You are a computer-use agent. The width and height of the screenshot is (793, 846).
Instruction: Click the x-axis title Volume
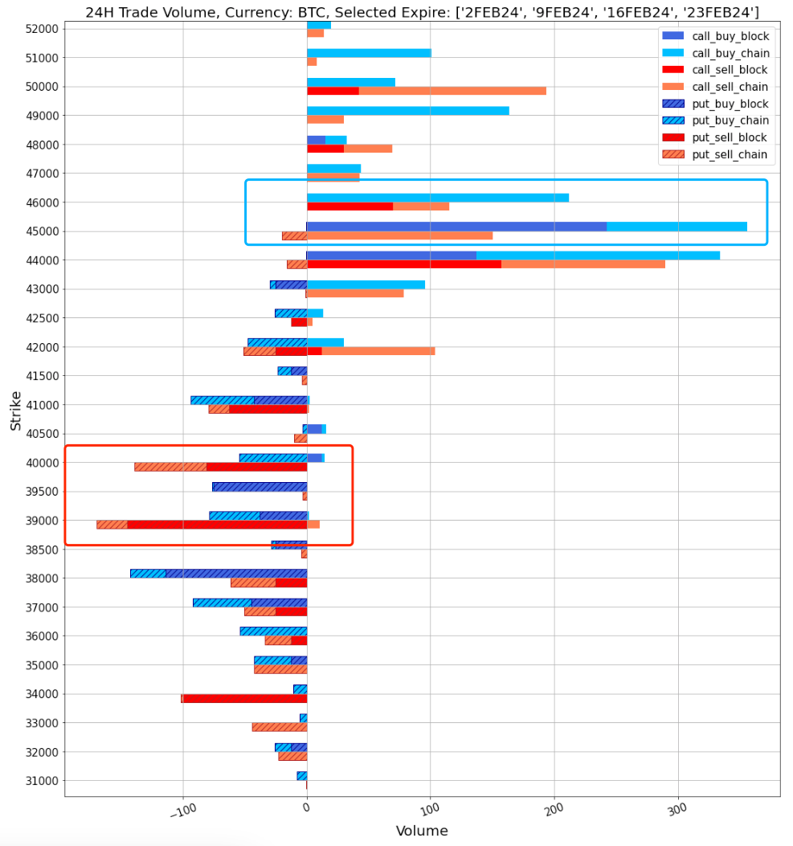coord(422,831)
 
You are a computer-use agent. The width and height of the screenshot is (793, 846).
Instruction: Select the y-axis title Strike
coord(15,410)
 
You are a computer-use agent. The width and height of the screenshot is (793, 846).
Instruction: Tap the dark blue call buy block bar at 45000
coord(456,227)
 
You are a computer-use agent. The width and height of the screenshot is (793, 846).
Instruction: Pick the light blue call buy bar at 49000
coord(407,111)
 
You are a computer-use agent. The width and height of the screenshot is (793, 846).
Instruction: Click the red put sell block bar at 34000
coord(245,698)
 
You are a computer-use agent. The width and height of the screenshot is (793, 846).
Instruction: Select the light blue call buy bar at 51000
coord(369,53)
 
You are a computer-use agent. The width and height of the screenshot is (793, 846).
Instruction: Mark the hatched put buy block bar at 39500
coord(260,487)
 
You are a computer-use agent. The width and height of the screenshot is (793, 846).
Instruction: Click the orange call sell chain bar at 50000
coord(452,91)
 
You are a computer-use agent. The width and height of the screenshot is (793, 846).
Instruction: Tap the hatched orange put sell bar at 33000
coord(280,727)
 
